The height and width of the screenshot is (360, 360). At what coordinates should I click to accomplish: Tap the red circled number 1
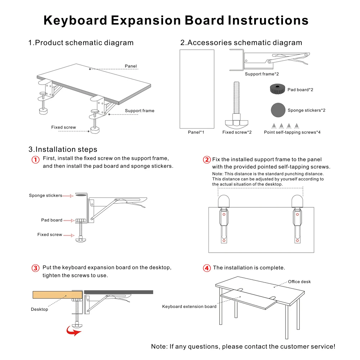(x=35, y=159)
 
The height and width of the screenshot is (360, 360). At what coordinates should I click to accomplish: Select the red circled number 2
(x=207, y=160)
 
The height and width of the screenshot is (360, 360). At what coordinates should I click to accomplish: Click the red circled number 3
(x=35, y=268)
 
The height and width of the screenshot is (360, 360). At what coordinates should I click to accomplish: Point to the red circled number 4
(x=207, y=268)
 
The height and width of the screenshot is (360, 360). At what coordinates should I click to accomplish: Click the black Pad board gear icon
(x=277, y=89)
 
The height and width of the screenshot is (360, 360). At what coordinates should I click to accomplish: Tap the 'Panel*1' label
(x=196, y=132)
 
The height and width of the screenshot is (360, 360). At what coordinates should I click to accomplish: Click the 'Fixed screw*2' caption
(x=237, y=132)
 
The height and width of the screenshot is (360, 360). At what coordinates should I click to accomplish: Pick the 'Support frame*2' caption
(x=262, y=74)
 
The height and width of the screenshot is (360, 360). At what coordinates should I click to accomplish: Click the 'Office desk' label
(x=299, y=282)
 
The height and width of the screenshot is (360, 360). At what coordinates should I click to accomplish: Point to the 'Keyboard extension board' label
(x=189, y=306)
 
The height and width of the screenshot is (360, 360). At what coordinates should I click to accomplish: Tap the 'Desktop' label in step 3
(x=39, y=309)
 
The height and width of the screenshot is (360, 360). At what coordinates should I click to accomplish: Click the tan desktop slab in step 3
(x=57, y=294)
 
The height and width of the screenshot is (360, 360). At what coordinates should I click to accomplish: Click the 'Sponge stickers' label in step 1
(x=46, y=195)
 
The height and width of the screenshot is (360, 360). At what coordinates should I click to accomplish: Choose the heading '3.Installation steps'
(x=63, y=149)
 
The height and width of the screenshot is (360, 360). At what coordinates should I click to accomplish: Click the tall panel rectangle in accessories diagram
(x=197, y=89)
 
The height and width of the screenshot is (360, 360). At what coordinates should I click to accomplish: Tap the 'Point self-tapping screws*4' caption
(x=292, y=132)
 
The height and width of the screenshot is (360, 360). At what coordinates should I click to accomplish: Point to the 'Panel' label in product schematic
(x=131, y=66)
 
